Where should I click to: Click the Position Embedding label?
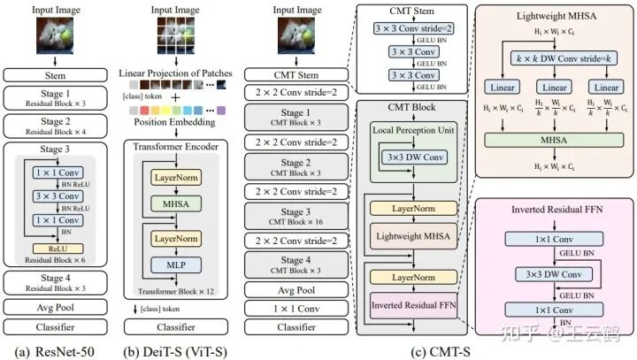pyautogui.click(x=176, y=124)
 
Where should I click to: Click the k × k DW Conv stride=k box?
pyautogui.click(x=555, y=58)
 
